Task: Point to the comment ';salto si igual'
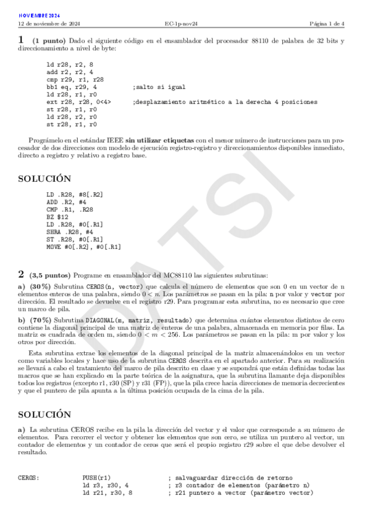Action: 159,87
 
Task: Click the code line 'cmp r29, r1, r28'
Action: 75,80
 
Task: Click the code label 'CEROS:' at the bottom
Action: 30,478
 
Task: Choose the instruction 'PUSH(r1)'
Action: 96,478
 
